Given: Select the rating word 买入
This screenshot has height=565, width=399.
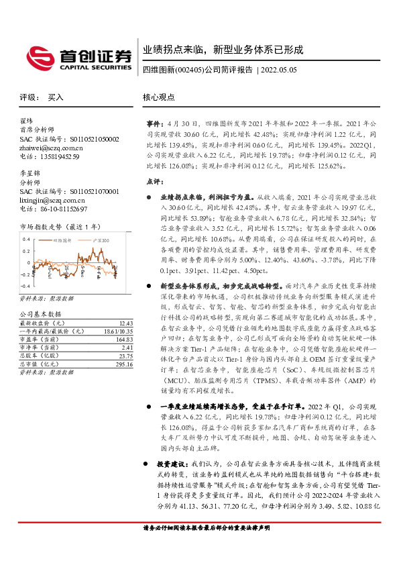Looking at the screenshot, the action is pyautogui.click(x=55, y=97).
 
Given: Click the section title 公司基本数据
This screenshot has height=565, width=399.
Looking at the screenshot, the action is pyautogui.click(x=40, y=314).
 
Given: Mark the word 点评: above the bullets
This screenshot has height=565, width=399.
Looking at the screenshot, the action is pyautogui.click(x=155, y=181).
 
